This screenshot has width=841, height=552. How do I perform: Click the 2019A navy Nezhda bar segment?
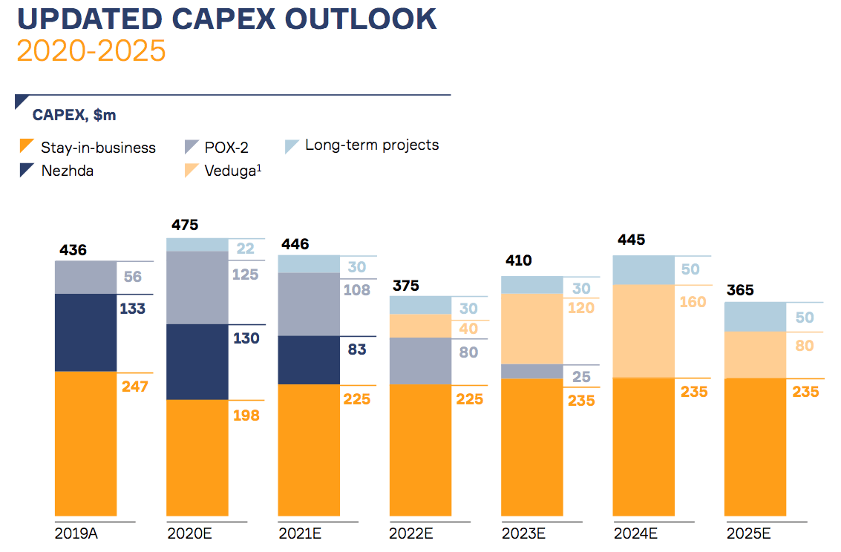coord(85,332)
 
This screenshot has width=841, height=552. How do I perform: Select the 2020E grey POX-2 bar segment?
coord(197,287)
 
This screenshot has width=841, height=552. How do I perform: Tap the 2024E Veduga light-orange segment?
coord(643,331)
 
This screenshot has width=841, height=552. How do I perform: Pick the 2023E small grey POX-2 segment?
coord(531,371)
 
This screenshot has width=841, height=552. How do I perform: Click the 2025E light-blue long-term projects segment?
coord(755,317)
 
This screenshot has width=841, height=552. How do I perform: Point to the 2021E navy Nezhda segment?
coord(309,360)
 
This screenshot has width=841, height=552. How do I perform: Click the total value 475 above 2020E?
coord(185,225)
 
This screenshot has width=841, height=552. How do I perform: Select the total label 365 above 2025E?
coord(739,289)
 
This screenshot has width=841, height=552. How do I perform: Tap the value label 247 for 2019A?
coord(135,387)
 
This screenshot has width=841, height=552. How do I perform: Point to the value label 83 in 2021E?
coord(357,349)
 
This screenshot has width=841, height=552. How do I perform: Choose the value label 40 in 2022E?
coord(468,329)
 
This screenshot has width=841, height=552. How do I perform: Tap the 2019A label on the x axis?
coord(78,533)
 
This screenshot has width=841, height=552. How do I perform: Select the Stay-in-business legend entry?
coord(98,148)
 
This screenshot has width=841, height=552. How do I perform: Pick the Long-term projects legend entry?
coord(371,145)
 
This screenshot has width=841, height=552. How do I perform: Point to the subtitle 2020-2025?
coord(91,50)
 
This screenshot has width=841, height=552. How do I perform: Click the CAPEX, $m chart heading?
coord(74,115)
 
